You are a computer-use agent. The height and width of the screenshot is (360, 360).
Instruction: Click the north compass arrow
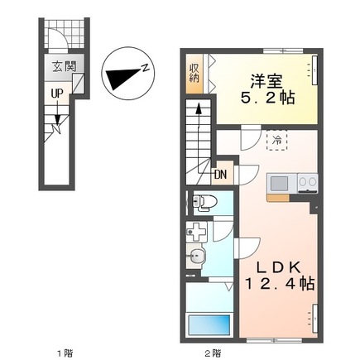tap(122, 77)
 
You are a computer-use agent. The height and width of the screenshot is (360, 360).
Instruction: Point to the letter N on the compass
tap(143, 68)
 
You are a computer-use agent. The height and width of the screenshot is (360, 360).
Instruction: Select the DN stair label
tap(221, 175)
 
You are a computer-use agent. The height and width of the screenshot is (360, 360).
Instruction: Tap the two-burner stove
tap(307, 182)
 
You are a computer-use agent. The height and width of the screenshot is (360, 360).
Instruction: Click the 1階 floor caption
tap(62, 353)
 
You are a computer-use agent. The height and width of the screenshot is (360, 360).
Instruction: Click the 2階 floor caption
tap(212, 353)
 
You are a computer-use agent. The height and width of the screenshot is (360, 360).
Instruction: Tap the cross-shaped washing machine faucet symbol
tap(196, 232)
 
